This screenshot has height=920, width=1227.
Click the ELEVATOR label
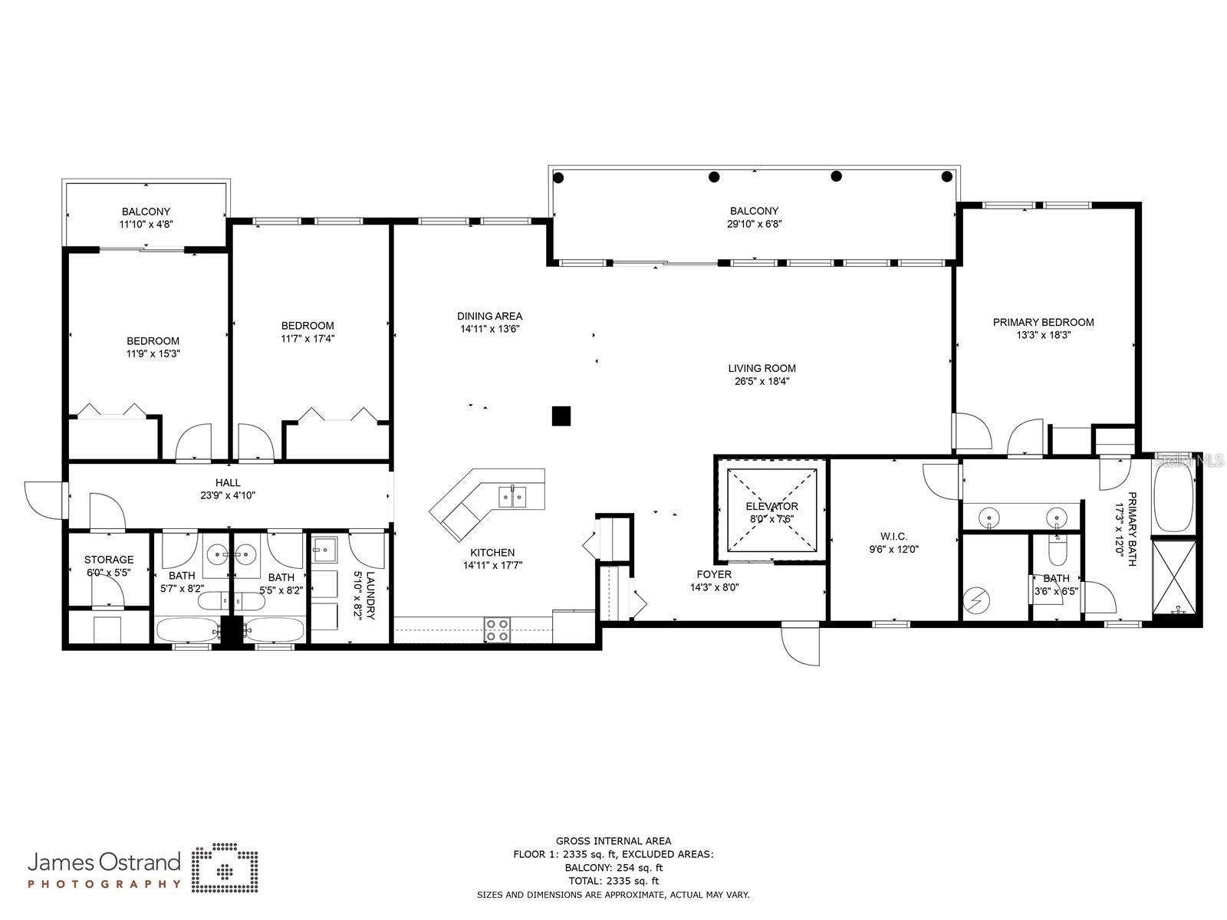[771, 506]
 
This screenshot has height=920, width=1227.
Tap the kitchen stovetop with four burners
[496, 629]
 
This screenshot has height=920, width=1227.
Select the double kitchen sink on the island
[512, 496]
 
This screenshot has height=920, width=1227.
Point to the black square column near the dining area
[561, 416]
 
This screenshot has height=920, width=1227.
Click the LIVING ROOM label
[762, 368]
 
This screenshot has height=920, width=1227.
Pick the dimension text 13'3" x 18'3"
[1043, 335]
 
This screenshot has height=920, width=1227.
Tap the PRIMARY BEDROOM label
[1043, 322]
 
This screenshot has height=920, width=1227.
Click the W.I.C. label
[893, 536]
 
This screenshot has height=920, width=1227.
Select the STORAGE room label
[109, 559]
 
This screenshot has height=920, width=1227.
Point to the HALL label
[228, 483]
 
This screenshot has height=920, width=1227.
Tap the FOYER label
[714, 574]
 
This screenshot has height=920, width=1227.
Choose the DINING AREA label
[490, 316]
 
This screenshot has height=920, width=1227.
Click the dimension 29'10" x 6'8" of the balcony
[754, 224]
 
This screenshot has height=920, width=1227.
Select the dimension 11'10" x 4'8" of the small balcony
[146, 225]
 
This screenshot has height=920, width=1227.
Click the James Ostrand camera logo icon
[225, 871]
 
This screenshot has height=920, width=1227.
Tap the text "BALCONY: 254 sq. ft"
[613, 868]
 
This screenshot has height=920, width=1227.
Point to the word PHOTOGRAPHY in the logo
[104, 884]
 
